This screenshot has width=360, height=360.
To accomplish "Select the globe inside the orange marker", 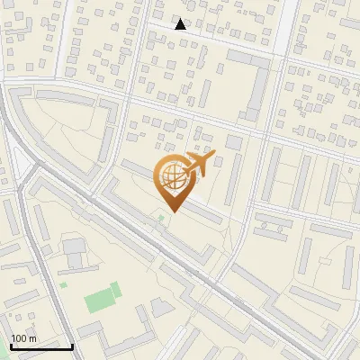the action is point(171,176).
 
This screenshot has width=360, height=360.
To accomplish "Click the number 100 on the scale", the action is point(18,338).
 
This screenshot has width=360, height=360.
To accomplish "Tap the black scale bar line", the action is point(40,346).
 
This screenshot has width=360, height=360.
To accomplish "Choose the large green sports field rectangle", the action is point(103,298).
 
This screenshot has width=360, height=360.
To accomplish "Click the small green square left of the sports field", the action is point(64,285).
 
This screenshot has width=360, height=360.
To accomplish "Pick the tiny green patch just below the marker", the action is point(161,217).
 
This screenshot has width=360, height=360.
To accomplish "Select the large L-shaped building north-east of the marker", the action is point(256,81).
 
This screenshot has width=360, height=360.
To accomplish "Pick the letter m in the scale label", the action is point(32,338).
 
